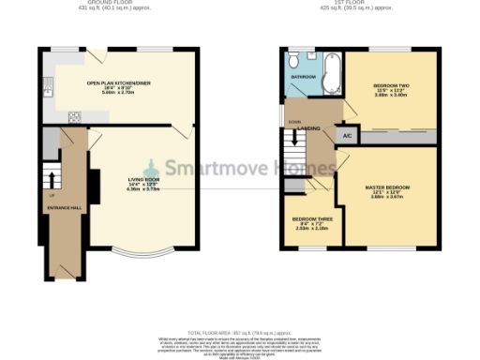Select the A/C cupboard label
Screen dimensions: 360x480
pyautogui.click(x=346, y=137)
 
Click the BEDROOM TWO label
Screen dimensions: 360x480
pyautogui.click(x=392, y=84)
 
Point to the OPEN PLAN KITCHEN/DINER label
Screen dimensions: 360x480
pyautogui.click(x=121, y=82)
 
